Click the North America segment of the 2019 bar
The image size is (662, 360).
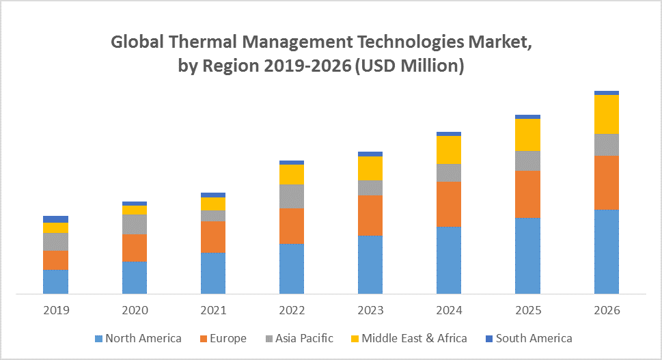pyautogui.click(x=55, y=281)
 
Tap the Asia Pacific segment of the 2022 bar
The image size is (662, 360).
pyautogui.click(x=292, y=196)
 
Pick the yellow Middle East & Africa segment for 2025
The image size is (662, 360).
pyautogui.click(x=527, y=135)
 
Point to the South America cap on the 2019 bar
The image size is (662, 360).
pyautogui.click(x=55, y=219)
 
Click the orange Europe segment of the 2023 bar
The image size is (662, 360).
pyautogui.click(x=370, y=215)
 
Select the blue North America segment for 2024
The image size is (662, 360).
pyautogui.click(x=449, y=260)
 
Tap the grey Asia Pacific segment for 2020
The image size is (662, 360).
pyautogui.click(x=135, y=224)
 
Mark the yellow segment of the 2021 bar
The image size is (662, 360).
pyautogui.click(x=213, y=204)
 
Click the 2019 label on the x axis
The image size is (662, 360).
pyautogui.click(x=56, y=311)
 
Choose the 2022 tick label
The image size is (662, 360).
pyautogui.click(x=292, y=311)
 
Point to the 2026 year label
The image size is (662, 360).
pyautogui.click(x=607, y=311)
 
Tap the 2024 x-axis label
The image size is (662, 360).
pyautogui.click(x=449, y=311)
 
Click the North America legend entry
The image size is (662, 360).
pyautogui.click(x=139, y=338)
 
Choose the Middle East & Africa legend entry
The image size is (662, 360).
pyautogui.click(x=409, y=338)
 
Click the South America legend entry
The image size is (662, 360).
pyautogui.click(x=528, y=338)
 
